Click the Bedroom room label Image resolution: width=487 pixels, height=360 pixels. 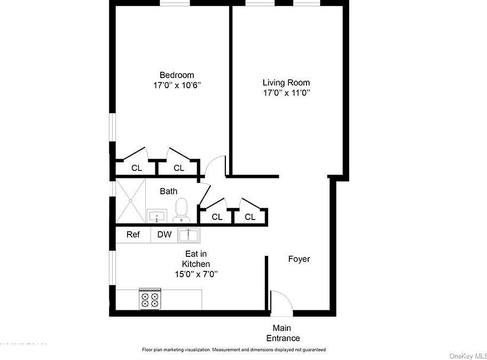point(177,75)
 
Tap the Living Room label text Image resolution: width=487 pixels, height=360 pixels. point(286,82)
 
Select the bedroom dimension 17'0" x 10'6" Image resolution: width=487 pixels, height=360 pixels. point(177,85)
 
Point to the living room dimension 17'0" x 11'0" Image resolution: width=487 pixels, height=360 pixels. point(286,92)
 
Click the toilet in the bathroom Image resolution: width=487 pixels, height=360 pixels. point(182,210)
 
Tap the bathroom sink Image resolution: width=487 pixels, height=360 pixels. point(156,216)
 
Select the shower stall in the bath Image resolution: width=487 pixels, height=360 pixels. point(130,200)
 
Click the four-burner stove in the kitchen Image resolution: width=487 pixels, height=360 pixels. point(150,299)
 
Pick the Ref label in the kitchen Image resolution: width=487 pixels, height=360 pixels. point(133,234)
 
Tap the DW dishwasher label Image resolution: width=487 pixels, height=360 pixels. point(164,234)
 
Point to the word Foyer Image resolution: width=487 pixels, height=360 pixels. point(299,259)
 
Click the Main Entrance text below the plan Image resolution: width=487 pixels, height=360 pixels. point(282,333)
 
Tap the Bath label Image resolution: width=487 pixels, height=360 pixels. point(169,191)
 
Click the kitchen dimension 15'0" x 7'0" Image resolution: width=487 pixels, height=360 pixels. point(195,274)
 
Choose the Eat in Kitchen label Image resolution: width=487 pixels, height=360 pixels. point(195,259)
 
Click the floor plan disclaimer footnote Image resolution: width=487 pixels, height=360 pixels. point(233,350)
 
